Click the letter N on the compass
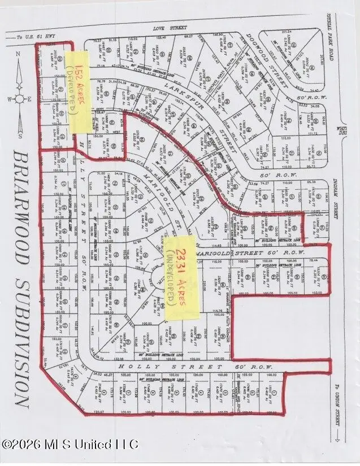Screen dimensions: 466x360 18,55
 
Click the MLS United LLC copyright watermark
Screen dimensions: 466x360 70,444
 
